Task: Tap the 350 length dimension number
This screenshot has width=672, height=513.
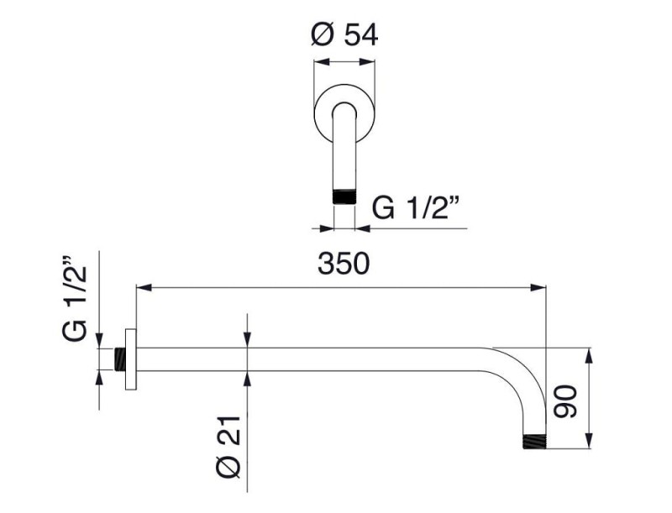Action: pyautogui.click(x=344, y=264)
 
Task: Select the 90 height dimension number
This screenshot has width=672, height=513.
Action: pyautogui.click(x=564, y=401)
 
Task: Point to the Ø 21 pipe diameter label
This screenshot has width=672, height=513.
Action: pyautogui.click(x=228, y=447)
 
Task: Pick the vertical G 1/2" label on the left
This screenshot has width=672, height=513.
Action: pyautogui.click(x=75, y=299)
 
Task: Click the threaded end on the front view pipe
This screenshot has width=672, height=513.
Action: pyautogui.click(x=344, y=196)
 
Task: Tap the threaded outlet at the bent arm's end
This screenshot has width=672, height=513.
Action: pyautogui.click(x=534, y=442)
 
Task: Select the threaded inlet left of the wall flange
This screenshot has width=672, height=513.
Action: pyautogui.click(x=120, y=359)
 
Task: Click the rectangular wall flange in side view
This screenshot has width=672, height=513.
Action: pyautogui.click(x=131, y=359)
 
